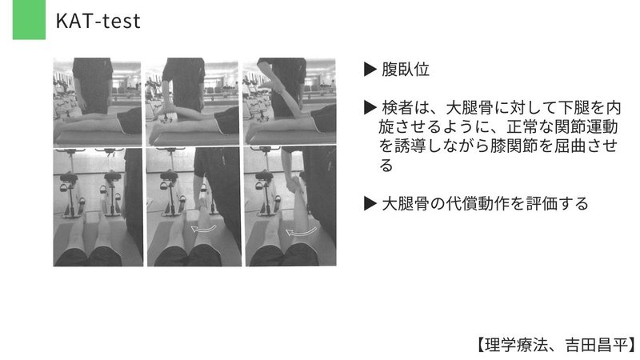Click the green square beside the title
click(28, 20)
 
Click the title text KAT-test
click(98, 22)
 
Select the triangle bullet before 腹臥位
click(370, 70)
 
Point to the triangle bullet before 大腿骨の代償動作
click(370, 204)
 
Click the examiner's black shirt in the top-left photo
click(93, 80)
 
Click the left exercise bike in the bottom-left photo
click(70, 192)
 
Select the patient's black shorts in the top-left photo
click(130, 122)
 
